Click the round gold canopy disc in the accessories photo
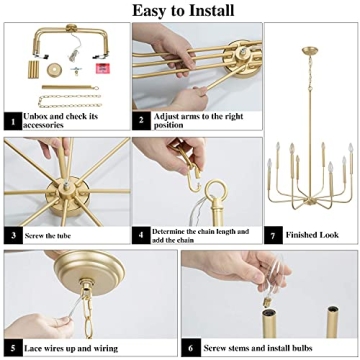click(x=73, y=67)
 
